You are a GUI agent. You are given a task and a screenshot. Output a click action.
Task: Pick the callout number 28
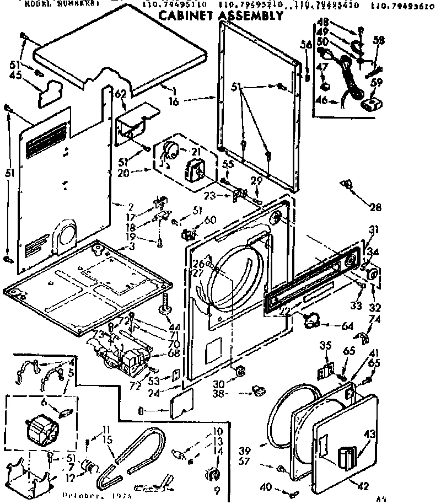pos(375,207)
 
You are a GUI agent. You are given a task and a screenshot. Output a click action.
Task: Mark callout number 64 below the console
pos(347,326)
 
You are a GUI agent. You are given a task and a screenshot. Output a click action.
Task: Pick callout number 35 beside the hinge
pos(325,346)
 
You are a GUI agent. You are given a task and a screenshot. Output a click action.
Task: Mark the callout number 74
pos(375,319)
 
